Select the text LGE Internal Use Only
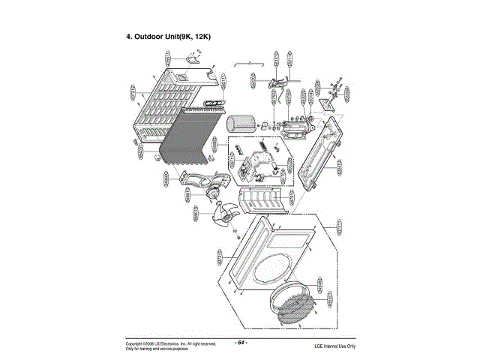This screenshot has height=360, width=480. click(334, 346)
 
